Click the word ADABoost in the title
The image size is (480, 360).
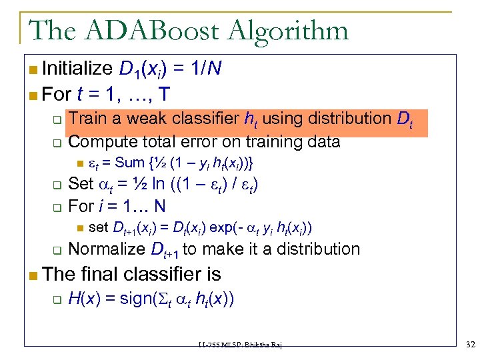[x=153, y=30]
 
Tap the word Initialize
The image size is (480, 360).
[x=77, y=67]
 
